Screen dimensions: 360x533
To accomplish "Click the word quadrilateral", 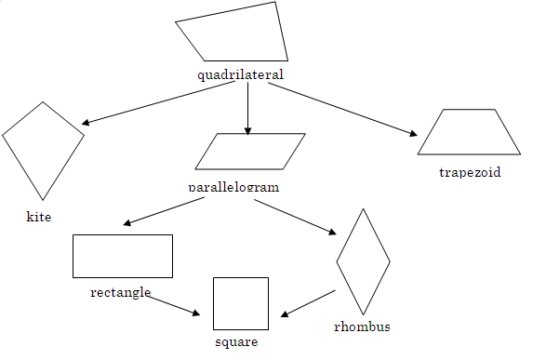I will point(240,74).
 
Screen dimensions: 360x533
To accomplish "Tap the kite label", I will point(39,217).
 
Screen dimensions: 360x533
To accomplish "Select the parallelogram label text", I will point(233,186).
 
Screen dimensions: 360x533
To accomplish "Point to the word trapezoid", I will point(470,172).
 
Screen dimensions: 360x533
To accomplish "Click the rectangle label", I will point(121,292).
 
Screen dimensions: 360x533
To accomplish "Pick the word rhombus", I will point(362,327).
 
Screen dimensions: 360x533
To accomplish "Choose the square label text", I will point(236,341).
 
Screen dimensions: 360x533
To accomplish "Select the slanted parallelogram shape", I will point(250,152).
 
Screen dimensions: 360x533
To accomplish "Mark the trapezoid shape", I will point(469,132).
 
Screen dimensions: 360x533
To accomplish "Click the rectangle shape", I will point(123,256).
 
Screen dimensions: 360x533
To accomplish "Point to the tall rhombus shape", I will point(363,262).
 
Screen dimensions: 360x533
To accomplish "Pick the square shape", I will point(241,303).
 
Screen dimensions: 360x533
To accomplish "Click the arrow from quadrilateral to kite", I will point(158,102).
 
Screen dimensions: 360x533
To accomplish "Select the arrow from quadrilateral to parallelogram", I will point(247,108).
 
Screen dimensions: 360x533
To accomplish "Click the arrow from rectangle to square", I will point(174,304).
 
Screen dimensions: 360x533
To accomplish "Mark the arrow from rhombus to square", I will point(308,303).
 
